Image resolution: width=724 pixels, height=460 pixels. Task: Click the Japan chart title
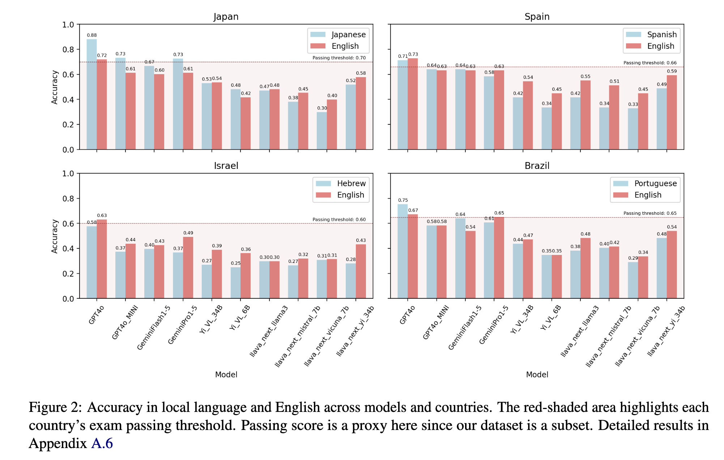[226, 17]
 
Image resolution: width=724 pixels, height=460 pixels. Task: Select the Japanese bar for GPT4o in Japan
[91, 94]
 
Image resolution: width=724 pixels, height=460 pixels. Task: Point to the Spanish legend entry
[652, 34]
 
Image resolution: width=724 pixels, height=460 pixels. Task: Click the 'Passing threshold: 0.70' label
[339, 58]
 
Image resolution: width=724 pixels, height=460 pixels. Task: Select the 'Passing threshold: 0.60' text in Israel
[339, 220]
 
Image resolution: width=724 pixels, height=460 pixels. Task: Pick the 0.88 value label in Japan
[91, 35]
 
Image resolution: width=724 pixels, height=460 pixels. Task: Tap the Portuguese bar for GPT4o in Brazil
[403, 251]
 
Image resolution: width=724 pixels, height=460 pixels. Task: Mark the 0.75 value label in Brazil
[403, 200]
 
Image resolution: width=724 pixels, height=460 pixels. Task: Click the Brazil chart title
[537, 166]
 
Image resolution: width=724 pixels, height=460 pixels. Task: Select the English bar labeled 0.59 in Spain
[672, 112]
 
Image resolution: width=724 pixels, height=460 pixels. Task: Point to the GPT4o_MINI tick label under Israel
[125, 322]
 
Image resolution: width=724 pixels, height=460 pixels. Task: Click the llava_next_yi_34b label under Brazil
[666, 331]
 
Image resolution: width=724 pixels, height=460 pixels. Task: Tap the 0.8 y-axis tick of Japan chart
[68, 50]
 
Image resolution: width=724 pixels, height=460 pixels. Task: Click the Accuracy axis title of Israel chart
[55, 236]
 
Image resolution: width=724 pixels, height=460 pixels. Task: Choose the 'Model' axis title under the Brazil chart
[537, 375]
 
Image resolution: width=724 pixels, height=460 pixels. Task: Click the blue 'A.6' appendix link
[102, 443]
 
